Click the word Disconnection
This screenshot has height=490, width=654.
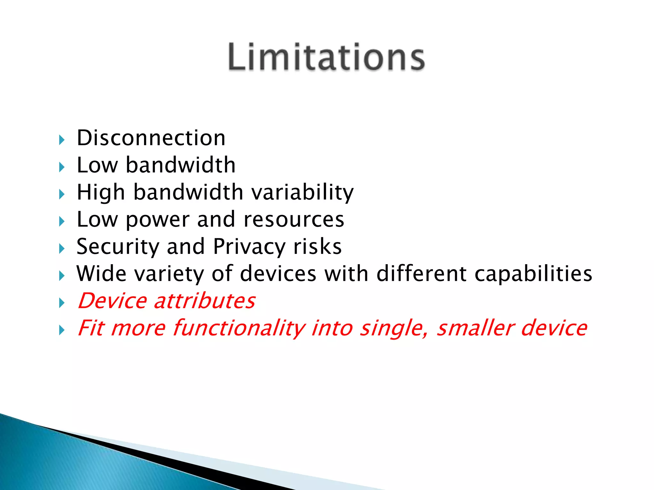[x=151, y=138]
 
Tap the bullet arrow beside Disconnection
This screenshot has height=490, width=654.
[x=62, y=140]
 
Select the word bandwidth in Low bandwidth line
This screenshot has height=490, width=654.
[x=180, y=165]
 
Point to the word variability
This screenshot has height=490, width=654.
[x=302, y=192]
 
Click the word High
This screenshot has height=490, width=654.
[x=101, y=192]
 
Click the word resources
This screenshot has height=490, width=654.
[x=294, y=219]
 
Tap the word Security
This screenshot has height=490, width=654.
[x=118, y=247]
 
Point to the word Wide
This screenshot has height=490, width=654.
[x=101, y=274]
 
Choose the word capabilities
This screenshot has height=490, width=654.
[x=533, y=274]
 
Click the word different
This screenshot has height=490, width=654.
[x=422, y=274]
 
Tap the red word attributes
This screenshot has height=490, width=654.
[x=204, y=301]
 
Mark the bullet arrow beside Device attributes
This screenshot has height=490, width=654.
[x=62, y=303]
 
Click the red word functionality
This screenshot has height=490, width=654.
[x=239, y=328]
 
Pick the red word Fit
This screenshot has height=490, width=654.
[x=91, y=328]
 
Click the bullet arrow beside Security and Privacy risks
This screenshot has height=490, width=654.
[x=62, y=249]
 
